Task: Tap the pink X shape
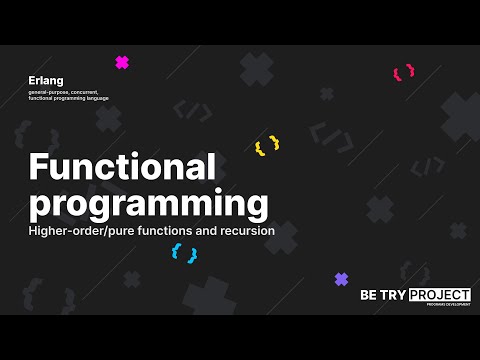click(122, 62)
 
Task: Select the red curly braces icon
click(403, 73)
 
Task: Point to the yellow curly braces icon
click(267, 146)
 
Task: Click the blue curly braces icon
click(184, 253)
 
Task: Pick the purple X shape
click(341, 279)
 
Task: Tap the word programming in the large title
click(149, 203)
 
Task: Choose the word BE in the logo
click(370, 295)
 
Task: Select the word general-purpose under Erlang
click(52, 92)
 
